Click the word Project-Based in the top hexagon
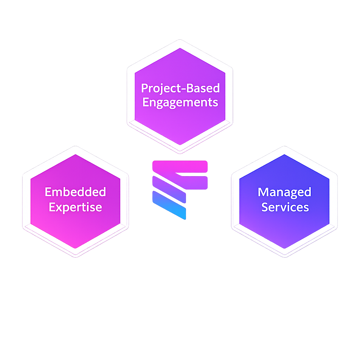pos(180,88)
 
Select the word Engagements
pos(180,103)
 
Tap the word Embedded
pos(75,192)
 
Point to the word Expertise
pos(75,207)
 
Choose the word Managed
pos(284,192)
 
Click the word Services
pos(285,207)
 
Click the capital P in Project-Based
pos(144,88)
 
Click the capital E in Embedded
pos(48,192)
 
